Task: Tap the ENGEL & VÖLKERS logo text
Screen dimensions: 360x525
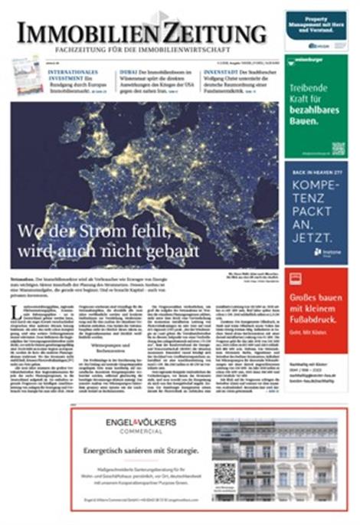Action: tap(144, 423)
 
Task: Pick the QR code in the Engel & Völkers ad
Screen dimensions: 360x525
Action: tap(225, 474)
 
